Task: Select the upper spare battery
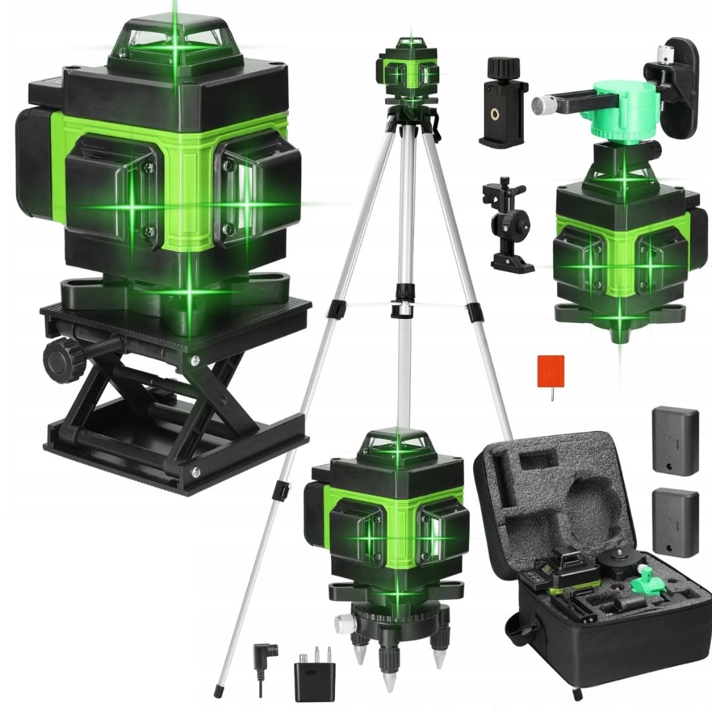674,440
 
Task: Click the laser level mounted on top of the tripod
407,73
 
